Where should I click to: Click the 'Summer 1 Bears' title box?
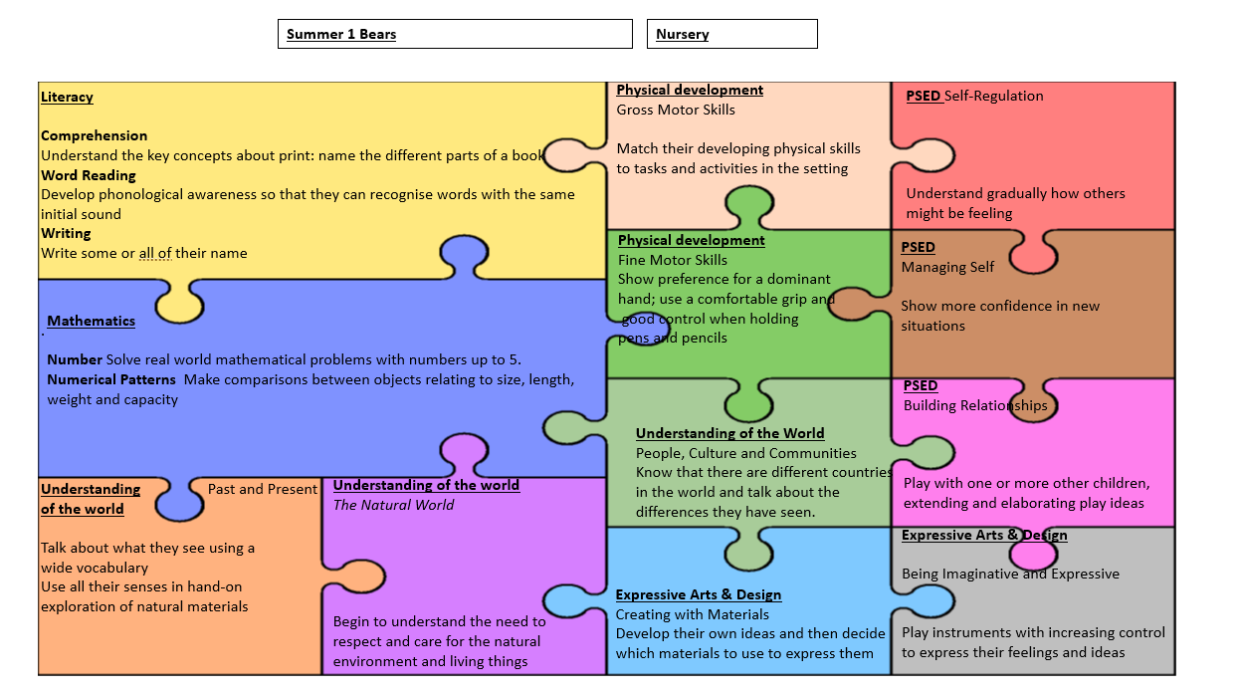coord(454,34)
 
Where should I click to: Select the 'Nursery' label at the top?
coord(731,34)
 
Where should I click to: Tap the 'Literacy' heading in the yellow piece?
coord(67,97)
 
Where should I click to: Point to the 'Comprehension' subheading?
coord(94,135)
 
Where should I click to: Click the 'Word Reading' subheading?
coord(89,175)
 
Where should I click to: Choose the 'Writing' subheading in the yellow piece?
coord(66,233)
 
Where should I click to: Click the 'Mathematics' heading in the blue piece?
coord(91,321)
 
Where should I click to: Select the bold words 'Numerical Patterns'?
coord(111,379)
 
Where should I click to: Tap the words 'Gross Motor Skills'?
coord(676,110)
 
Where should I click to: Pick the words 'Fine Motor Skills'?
coord(673,260)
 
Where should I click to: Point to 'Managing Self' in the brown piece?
coord(947,267)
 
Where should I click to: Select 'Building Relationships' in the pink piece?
coord(975,405)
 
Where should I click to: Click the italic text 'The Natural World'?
coord(393,505)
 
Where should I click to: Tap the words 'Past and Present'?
coord(263,489)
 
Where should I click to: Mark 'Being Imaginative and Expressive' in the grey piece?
coord(1010,574)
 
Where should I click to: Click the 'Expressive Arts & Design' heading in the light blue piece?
coord(698,594)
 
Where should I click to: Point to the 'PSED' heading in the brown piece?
coord(918,247)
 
